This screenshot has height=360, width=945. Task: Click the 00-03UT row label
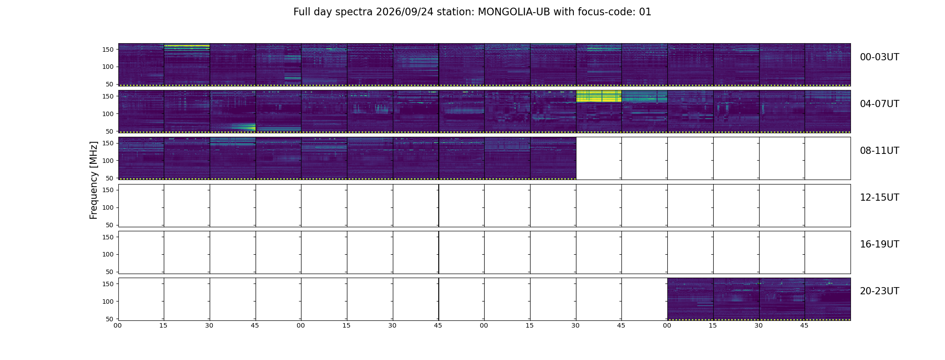coord(879,57)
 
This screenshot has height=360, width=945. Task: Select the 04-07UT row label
coord(879,104)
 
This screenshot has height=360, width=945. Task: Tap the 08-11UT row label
coord(879,151)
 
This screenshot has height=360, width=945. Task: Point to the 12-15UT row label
coord(879,198)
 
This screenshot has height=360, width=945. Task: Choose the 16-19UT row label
coord(879,244)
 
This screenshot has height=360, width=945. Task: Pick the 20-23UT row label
coord(879,291)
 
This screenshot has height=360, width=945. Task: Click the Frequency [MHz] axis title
coord(94,180)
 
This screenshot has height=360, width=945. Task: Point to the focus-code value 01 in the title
coord(645,12)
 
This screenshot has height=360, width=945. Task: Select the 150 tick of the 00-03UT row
coord(108,49)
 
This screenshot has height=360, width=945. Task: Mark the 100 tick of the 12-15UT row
coord(108,207)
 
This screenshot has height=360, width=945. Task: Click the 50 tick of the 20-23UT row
coord(109,319)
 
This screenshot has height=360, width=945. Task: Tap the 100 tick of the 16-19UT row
coord(108,254)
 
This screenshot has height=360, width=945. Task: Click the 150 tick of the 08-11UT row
coord(108,143)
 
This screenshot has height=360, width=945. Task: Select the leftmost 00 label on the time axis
coord(117,326)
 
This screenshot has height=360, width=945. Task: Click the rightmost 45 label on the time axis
coord(804,326)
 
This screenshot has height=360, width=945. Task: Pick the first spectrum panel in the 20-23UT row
coord(690,299)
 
